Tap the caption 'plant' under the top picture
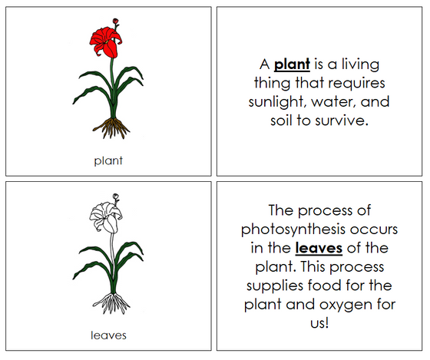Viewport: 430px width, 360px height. coord(108,160)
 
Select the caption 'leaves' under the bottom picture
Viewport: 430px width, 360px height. coord(108,335)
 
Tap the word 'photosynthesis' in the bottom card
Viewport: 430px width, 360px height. coord(296,229)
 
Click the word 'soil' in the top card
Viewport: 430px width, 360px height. coord(283,121)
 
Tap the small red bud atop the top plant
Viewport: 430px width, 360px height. coord(116,21)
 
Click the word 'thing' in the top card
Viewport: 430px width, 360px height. coord(272,83)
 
